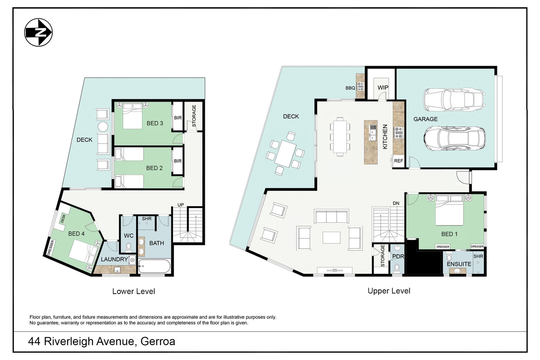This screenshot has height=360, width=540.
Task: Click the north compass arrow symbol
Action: pos(39,33)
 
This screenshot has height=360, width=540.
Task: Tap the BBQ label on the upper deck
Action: pos(350,88)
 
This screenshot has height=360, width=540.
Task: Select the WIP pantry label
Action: pos(383,87)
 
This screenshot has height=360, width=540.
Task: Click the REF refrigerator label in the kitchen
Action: pos(399,161)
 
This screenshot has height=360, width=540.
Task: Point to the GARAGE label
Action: pos(425,119)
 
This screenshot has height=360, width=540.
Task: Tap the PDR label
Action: pos(398,256)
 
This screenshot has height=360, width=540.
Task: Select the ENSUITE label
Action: pos(459,264)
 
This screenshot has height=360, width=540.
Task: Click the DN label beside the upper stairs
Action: pos(396,203)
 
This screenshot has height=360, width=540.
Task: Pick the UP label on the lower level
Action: pos(181,205)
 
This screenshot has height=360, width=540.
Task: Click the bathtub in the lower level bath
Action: pos(154,266)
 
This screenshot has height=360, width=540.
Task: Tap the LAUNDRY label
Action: pos(114,259)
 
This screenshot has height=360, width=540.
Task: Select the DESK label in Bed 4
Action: pos(63,219)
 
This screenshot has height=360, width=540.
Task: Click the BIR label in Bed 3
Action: pos(178,118)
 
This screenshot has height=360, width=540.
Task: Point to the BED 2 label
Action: pos(154,168)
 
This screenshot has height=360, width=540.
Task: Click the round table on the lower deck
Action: pos(103,126)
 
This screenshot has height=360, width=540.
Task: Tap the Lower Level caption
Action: pos(134,291)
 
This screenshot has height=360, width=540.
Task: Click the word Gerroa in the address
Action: pos(158,341)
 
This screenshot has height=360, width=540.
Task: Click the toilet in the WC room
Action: pos(129,247)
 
